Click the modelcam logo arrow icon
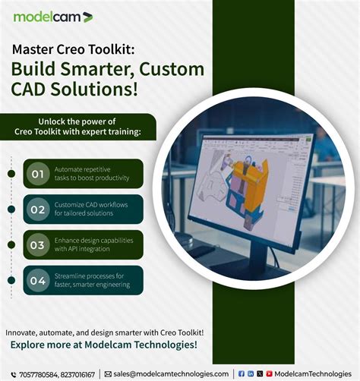[88, 17]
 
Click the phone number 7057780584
[36, 374]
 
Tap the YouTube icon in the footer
[268, 374]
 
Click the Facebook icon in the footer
[242, 374]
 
